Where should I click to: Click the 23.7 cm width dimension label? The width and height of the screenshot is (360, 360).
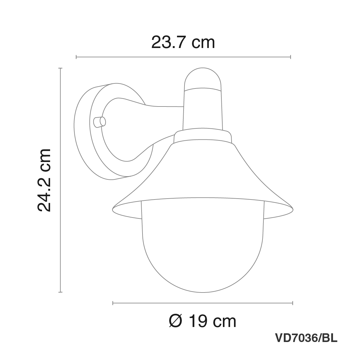click(183, 42)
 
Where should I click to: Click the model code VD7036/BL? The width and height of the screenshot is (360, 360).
click(306, 338)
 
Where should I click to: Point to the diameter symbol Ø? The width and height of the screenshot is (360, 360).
click(175, 322)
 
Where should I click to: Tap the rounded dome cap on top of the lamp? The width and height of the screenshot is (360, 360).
click(203, 79)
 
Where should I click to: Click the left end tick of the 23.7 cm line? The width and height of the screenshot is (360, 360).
click(76, 57)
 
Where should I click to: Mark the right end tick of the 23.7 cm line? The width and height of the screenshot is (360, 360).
click(290, 57)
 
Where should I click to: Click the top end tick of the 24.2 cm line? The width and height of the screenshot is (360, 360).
click(61, 69)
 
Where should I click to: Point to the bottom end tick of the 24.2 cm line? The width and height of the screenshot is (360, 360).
click(61, 292)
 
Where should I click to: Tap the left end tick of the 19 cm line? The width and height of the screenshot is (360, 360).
click(112, 303)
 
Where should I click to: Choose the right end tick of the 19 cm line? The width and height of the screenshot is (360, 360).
click(293, 303)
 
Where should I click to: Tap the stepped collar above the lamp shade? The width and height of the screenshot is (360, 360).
click(203, 137)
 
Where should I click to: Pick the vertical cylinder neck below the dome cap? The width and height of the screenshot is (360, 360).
click(203, 109)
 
